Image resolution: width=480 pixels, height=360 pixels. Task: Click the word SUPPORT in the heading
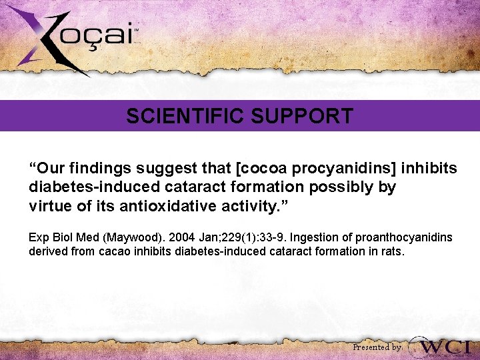click(302, 117)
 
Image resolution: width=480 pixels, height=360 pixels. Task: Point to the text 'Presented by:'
click(377, 347)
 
